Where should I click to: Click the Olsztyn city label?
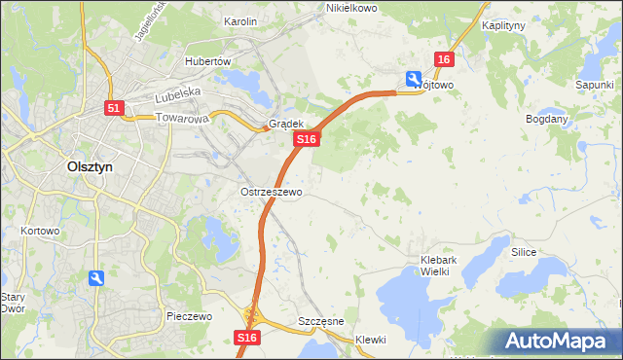(x=91, y=166)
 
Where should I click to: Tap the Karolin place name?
(x=239, y=20)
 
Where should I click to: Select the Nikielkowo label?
(x=351, y=8)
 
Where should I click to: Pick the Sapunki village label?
(x=593, y=85)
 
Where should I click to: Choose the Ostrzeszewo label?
(x=272, y=192)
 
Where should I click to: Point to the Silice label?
(x=524, y=251)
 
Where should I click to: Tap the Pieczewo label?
(x=189, y=316)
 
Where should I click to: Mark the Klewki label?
(x=371, y=340)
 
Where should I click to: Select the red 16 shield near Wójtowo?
(x=444, y=59)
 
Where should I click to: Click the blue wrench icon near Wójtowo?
(x=414, y=79)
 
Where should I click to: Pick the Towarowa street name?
(x=182, y=119)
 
